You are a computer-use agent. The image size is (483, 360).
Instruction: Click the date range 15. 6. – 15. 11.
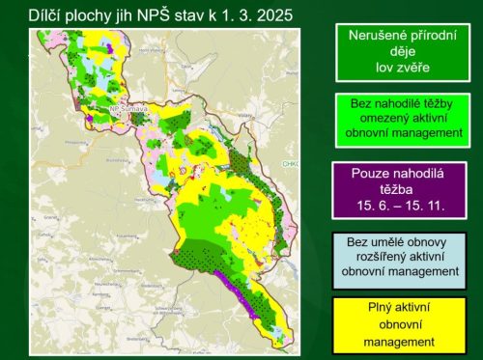(x=399, y=206)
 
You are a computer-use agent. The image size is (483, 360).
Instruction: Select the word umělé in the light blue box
(x=386, y=240)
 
